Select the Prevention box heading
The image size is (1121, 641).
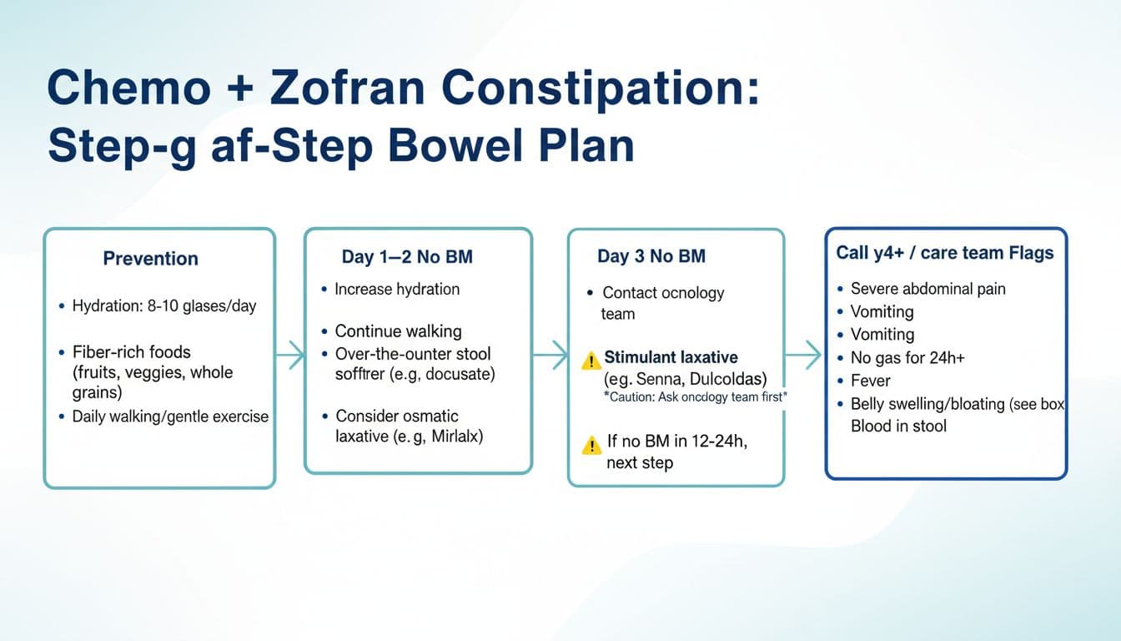(x=150, y=259)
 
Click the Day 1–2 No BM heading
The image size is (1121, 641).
(x=407, y=257)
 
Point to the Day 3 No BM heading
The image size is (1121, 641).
(x=651, y=256)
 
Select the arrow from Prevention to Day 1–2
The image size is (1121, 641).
(x=289, y=355)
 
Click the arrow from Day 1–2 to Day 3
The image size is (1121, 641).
(x=550, y=355)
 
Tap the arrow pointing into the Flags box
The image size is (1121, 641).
(x=804, y=355)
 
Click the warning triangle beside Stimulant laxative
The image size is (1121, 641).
(x=591, y=361)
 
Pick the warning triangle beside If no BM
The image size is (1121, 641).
(x=591, y=445)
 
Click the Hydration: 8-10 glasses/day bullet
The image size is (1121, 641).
(x=163, y=306)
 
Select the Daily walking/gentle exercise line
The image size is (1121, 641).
(x=169, y=416)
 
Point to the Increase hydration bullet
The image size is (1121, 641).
(x=396, y=290)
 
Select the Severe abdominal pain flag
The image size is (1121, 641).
(x=927, y=289)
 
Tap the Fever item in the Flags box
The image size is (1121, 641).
(x=870, y=381)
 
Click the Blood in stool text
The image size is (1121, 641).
(x=898, y=426)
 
